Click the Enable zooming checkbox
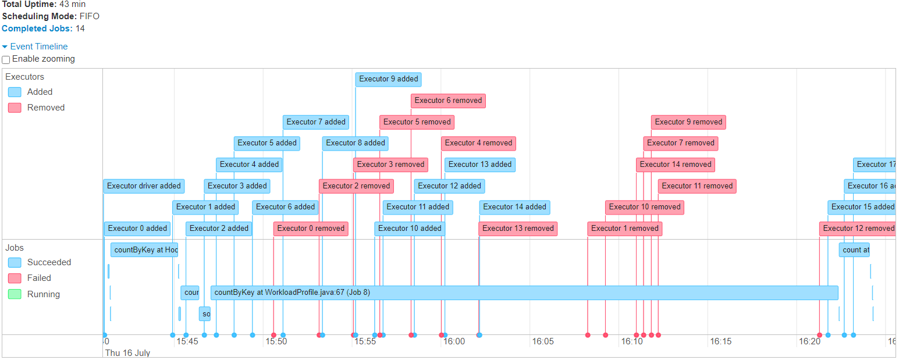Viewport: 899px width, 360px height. pos(6,59)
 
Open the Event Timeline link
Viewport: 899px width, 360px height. pos(38,47)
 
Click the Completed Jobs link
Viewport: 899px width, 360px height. pos(37,28)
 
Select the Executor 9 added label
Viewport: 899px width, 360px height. pos(388,79)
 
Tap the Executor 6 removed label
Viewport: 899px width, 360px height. pos(448,101)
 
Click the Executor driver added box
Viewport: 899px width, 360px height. pos(144,186)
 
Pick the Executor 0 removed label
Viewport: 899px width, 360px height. pos(311,229)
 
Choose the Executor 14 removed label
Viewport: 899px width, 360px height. pos(675,165)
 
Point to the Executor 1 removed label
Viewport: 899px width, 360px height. pos(624,229)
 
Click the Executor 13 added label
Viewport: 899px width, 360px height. pos(479,165)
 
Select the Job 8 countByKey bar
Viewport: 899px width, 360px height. pos(524,293)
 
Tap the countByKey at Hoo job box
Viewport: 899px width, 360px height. pos(144,250)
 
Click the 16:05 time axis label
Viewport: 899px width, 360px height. pos(542,341)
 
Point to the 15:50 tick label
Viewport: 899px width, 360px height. pos(276,341)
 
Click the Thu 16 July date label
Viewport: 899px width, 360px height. pos(127,353)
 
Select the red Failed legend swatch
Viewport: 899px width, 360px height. pos(15,278)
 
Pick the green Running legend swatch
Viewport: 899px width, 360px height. pos(15,294)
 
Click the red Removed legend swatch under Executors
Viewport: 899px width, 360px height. pos(15,108)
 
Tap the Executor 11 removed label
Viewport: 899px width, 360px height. pos(697,186)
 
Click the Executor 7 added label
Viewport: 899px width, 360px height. pos(316,122)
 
